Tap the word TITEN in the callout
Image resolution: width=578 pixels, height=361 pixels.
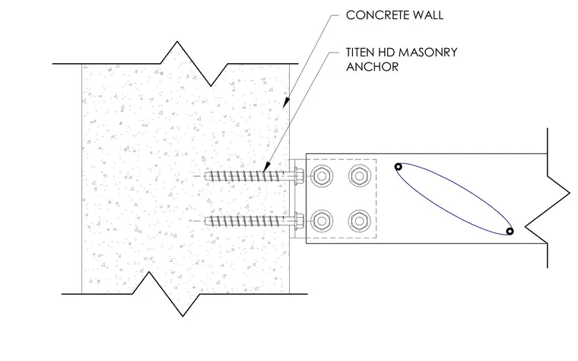(x=361, y=53)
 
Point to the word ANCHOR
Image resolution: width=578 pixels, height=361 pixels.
(x=373, y=67)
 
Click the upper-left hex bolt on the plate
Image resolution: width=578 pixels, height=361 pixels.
(x=322, y=176)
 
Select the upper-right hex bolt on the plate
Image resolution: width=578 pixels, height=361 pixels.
(x=360, y=176)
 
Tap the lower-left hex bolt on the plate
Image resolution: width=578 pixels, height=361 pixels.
(x=322, y=221)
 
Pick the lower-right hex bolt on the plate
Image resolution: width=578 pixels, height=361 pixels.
(x=360, y=221)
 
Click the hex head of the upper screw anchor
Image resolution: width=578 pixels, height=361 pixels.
(x=299, y=176)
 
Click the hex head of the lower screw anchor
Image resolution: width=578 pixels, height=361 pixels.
(x=299, y=221)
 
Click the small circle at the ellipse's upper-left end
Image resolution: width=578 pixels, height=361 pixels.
(x=398, y=167)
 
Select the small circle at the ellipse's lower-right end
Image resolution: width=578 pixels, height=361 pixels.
(x=510, y=232)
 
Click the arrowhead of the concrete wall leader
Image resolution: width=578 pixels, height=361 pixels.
(x=285, y=104)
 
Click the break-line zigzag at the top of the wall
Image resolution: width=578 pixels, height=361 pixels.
(x=194, y=63)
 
